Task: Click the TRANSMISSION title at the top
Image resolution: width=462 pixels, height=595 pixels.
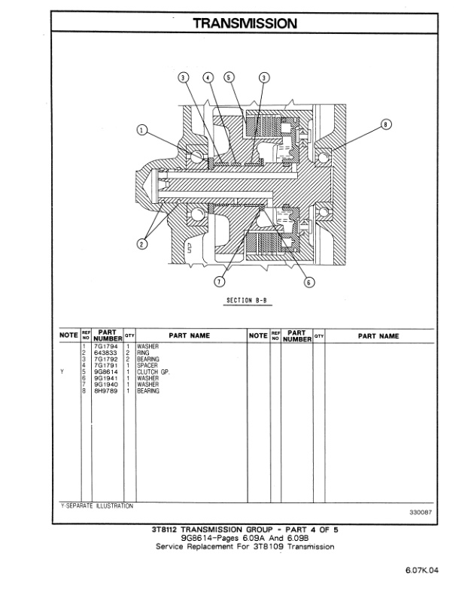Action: (245, 23)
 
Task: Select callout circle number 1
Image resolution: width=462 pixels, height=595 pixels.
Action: (142, 129)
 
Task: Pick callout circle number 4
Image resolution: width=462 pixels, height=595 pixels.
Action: (208, 77)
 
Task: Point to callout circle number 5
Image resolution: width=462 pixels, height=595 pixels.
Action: (229, 77)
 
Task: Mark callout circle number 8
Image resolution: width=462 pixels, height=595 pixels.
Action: (386, 124)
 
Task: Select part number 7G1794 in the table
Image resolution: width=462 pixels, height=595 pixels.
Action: (107, 347)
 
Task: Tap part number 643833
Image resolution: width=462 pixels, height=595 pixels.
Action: (106, 353)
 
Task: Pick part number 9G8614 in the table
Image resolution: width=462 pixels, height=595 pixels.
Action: (107, 372)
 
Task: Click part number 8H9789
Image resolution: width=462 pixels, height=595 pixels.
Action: (107, 390)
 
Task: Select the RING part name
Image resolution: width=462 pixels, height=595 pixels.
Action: (144, 353)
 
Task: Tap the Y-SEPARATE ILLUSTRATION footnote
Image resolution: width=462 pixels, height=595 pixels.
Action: (96, 506)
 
